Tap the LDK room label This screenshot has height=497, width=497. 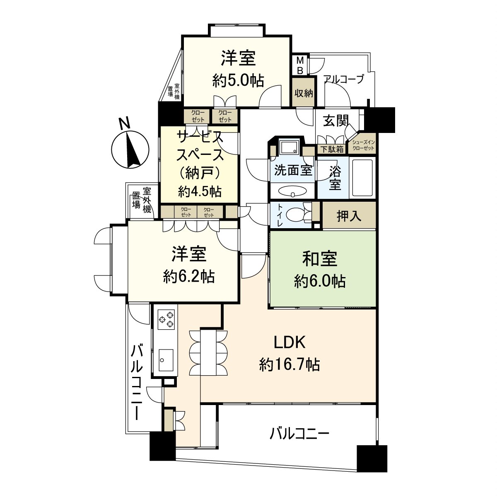(x=290, y=343)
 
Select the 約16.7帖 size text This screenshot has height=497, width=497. (x=290, y=365)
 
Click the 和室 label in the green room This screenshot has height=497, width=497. (x=320, y=259)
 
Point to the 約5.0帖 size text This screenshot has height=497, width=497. (x=238, y=80)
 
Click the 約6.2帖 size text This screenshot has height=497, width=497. (x=189, y=277)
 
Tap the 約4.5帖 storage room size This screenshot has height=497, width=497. (x=200, y=191)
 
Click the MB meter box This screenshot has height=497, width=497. (x=300, y=65)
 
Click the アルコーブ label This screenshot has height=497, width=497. (x=343, y=79)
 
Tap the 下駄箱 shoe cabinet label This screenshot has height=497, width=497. (x=331, y=150)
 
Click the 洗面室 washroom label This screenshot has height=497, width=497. (x=293, y=170)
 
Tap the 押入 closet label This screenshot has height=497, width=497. (x=349, y=216)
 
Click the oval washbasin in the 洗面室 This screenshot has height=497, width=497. (x=292, y=192)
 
